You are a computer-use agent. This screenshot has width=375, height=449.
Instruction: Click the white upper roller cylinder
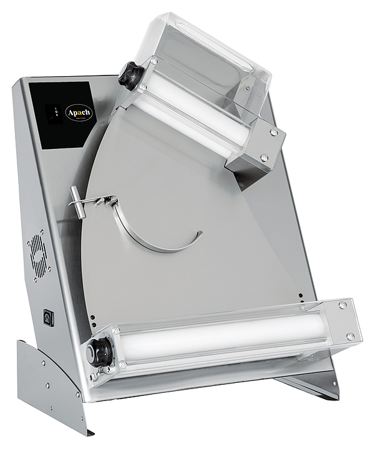pyautogui.click(x=187, y=115)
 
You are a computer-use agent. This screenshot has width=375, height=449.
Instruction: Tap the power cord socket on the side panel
pyautogui.click(x=48, y=317)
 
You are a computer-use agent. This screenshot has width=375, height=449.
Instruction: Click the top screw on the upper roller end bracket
pyautogui.click(x=273, y=133)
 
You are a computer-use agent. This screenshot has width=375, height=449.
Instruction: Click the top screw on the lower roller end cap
pyautogui.click(x=342, y=306)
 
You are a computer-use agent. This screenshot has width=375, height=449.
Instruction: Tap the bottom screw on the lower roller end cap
pyautogui.click(x=349, y=336)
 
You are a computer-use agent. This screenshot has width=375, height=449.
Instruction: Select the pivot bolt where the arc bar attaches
pyautogui.click(x=114, y=200)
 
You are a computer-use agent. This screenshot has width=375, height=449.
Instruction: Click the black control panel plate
pyautogui.click(x=66, y=112)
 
